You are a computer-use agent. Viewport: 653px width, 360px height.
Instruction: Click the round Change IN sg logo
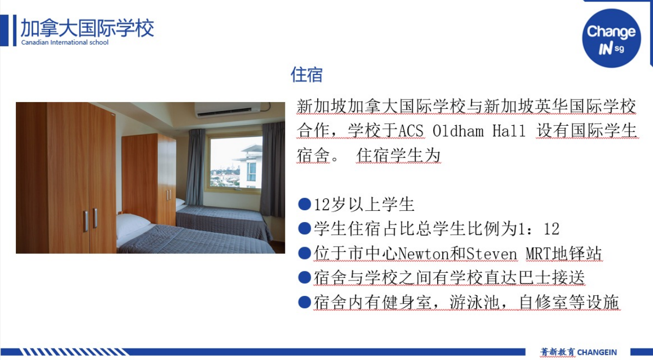611,38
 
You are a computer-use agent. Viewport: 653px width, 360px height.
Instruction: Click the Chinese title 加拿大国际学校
87,28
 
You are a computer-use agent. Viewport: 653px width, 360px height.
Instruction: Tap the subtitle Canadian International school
65,42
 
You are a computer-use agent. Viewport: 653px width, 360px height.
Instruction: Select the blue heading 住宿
307,75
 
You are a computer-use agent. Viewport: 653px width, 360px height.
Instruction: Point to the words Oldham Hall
479,130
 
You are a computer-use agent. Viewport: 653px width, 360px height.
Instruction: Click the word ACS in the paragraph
411,130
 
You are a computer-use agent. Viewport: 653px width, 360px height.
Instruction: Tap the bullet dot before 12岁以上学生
304,204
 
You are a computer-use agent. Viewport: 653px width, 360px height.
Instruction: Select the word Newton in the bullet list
423,253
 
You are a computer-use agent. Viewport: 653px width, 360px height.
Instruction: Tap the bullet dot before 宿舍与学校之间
304,277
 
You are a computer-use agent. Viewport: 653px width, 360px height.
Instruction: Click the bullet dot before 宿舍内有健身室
304,302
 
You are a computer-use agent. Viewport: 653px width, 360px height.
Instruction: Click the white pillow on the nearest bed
133,225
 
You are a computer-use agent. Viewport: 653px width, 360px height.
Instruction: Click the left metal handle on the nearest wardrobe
86,221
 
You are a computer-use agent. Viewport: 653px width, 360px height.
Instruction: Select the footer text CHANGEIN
597,352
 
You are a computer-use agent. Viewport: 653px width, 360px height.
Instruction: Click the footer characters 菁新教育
558,352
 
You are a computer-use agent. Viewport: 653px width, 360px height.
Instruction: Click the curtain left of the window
195,167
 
